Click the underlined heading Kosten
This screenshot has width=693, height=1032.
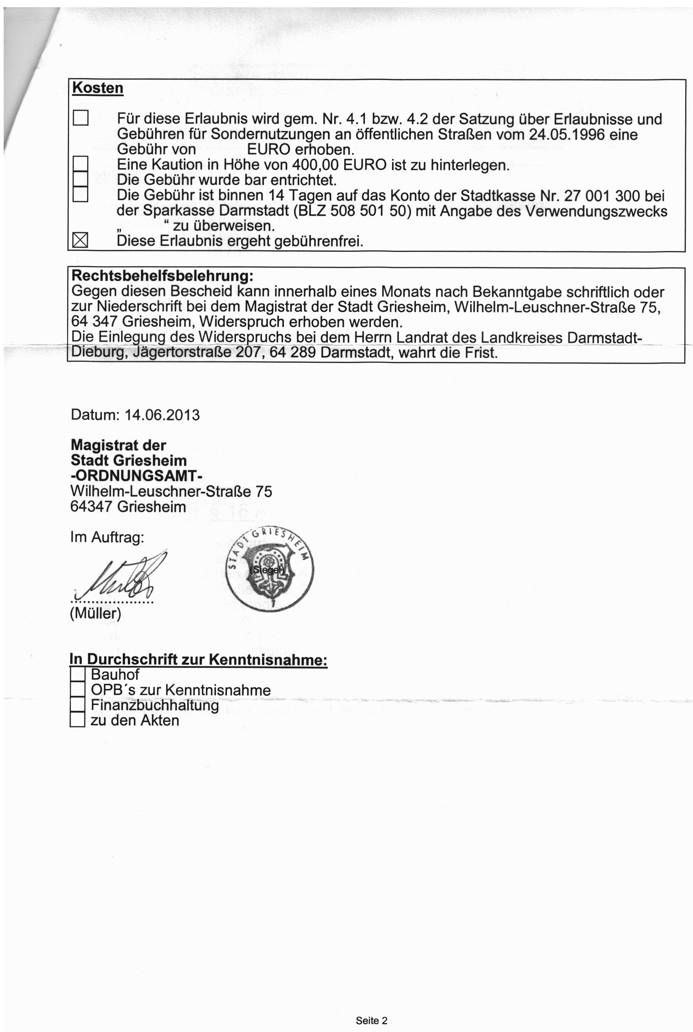click(98, 88)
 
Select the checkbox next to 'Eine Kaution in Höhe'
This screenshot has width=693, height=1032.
click(80, 164)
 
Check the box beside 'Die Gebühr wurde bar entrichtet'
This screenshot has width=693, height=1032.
click(80, 180)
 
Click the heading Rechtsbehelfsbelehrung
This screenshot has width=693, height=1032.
click(162, 276)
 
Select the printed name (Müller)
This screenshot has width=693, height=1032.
click(95, 614)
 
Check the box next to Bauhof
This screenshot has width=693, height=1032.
click(78, 674)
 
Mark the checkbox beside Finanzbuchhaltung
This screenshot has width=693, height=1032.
click(78, 705)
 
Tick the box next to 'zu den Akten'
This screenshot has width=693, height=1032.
click(78, 721)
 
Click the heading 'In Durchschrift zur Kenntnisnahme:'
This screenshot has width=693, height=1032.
click(199, 660)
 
